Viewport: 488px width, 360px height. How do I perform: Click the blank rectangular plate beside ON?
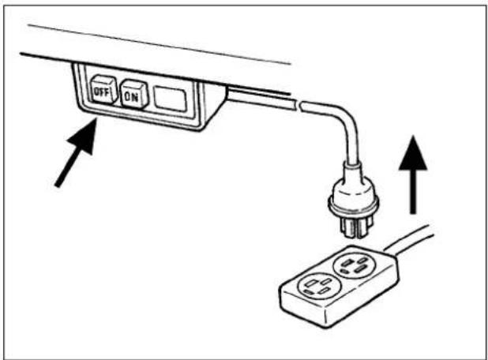tap(170, 99)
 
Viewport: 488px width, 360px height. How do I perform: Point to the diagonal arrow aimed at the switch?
tap(76, 153)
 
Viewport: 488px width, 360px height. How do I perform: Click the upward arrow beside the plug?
tap(413, 174)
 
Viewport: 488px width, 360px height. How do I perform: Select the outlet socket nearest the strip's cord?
tap(355, 264)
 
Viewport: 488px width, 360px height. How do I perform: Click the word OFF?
tap(100, 92)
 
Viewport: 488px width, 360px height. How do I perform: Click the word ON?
tap(131, 96)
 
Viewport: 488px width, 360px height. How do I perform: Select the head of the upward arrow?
tap(413, 153)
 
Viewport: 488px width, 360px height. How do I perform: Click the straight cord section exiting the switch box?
tap(261, 98)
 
